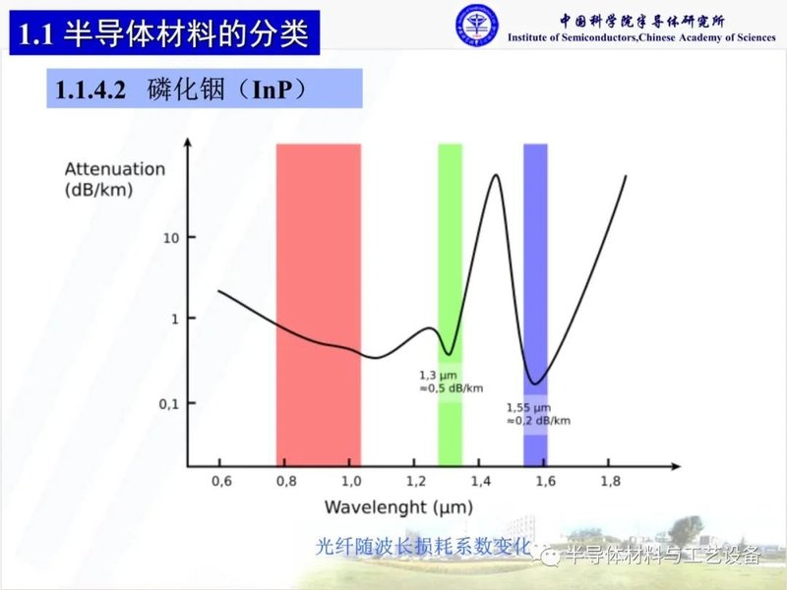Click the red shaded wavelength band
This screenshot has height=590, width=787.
(x=318, y=305)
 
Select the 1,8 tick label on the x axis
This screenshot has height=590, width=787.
(x=611, y=481)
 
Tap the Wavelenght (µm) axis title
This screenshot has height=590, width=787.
(x=398, y=507)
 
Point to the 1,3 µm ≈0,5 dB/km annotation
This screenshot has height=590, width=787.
(x=451, y=382)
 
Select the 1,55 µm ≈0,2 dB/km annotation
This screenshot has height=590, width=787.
(x=537, y=414)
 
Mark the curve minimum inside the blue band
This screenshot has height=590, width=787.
(x=535, y=383)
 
